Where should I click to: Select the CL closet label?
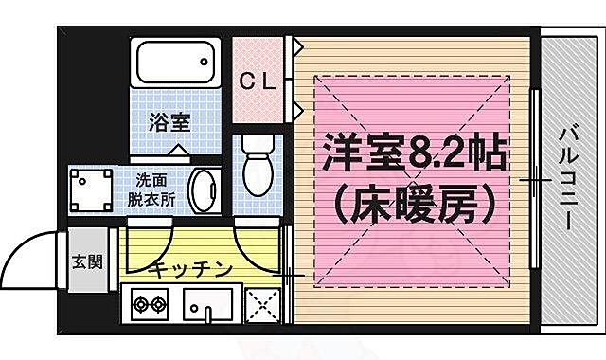pos(257,81)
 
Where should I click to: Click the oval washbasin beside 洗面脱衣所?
pos(203,191)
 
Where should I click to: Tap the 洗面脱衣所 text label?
pos(153,189)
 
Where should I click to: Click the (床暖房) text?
pos(413,200)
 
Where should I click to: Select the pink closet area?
pos(260,81)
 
